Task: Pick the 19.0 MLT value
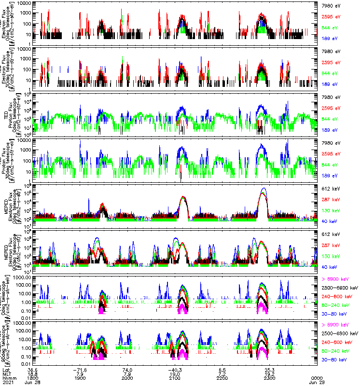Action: click(176, 373)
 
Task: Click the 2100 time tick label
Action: click(176, 378)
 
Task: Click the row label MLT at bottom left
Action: click(6, 373)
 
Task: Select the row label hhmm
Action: click(7, 378)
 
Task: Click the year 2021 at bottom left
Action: click(7, 382)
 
